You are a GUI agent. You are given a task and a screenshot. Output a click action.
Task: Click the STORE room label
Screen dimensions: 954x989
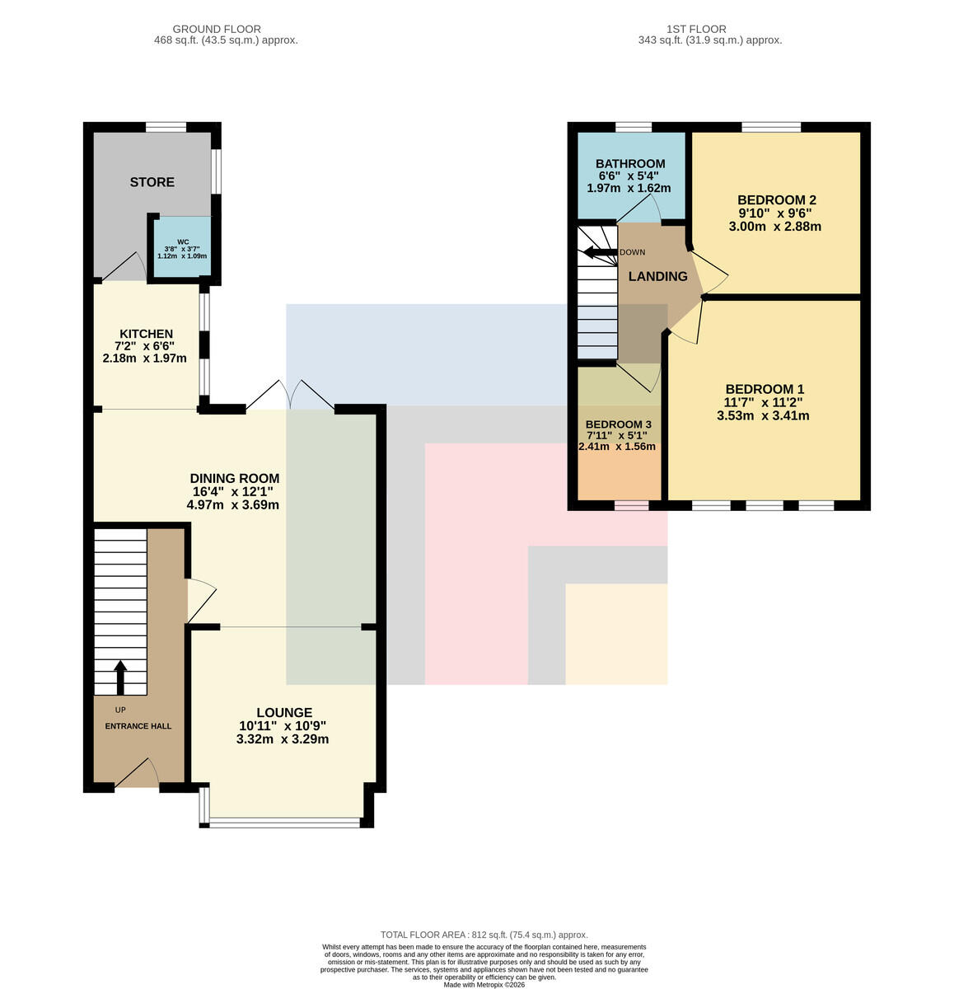pos(152,182)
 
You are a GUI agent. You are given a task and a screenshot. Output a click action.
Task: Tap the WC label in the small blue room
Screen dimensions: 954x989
pos(183,241)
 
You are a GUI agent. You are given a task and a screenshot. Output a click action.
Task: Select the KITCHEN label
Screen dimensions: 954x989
pos(146,334)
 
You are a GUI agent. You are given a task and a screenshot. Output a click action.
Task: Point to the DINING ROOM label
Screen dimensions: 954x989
pos(234,478)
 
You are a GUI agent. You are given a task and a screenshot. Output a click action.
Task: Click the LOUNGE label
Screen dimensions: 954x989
pos(284,713)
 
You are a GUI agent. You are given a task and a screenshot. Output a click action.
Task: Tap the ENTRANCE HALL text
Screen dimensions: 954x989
pos(138,726)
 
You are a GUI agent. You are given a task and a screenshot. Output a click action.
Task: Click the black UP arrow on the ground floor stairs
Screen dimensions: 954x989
pos(120,677)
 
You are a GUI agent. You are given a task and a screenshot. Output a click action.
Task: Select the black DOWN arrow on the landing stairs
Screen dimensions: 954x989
pos(600,252)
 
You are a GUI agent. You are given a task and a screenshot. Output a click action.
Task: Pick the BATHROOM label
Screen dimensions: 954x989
pos(630,164)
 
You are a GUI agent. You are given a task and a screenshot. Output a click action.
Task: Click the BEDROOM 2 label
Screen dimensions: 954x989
pos(776,200)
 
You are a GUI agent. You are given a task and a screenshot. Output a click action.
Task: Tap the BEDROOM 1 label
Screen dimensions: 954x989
pos(765,389)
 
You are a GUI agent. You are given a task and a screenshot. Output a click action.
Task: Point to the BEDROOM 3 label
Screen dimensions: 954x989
pos(618,424)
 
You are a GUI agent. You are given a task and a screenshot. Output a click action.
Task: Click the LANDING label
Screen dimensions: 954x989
pos(657,276)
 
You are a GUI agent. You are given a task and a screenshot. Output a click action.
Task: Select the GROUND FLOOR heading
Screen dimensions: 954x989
pos(217,30)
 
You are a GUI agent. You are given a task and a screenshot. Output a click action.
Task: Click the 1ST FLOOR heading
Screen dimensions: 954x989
pos(696,30)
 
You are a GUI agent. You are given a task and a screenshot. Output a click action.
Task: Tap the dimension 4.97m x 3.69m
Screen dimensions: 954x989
pos(232,504)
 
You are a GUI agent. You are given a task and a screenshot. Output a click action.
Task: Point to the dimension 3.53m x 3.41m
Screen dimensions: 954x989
pos(763,415)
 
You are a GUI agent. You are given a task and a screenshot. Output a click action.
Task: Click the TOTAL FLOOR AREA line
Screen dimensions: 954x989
pos(484,935)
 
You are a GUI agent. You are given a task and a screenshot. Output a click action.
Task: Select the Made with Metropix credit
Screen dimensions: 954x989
pos(484,985)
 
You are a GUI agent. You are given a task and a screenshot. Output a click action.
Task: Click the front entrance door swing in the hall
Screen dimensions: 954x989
pos(137,772)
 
